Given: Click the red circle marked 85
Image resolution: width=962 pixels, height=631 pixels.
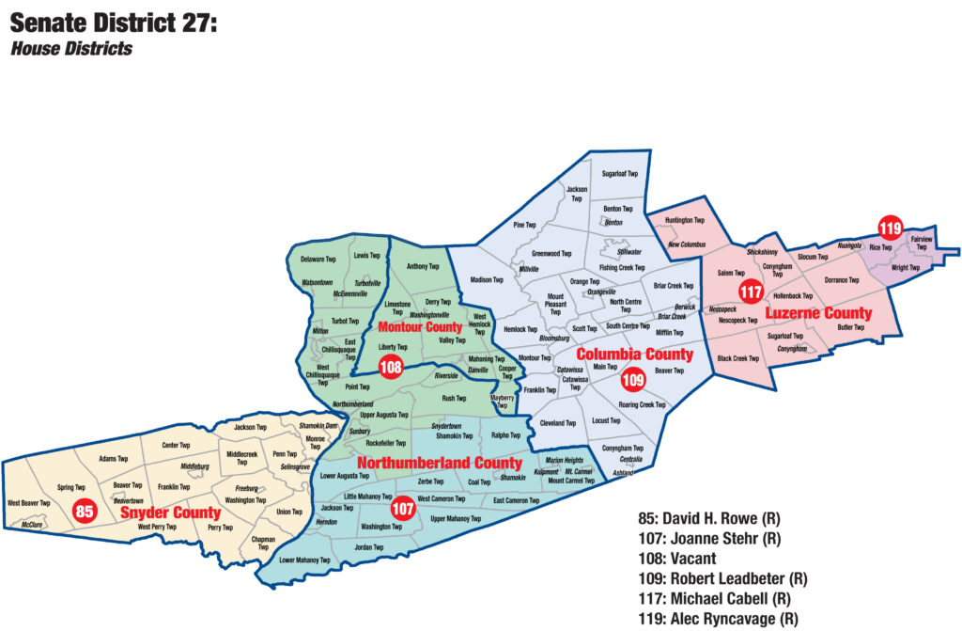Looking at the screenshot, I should click(85, 511).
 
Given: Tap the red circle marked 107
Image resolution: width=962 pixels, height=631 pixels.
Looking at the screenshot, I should click(403, 508).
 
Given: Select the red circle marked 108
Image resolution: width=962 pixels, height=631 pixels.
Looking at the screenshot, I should click(391, 367).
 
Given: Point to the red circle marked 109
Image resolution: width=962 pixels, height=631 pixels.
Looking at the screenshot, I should click(632, 380).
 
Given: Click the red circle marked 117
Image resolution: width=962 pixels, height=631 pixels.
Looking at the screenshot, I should click(750, 292).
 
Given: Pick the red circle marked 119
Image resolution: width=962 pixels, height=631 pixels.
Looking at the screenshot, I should click(889, 227).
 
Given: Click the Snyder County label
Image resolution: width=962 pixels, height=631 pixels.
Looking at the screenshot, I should click(170, 513).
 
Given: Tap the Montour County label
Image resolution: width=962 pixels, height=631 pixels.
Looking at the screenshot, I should click(420, 327).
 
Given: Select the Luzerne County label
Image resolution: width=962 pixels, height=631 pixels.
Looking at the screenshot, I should click(817, 312).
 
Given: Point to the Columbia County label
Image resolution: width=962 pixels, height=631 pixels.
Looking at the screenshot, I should click(634, 355).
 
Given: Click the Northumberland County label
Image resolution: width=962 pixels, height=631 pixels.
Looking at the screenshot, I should click(439, 464).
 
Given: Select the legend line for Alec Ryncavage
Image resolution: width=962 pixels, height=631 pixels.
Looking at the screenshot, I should click(718, 619).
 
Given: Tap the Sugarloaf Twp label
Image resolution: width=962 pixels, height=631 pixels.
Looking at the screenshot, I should click(619, 174).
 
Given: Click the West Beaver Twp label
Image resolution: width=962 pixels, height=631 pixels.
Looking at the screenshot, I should click(30, 503).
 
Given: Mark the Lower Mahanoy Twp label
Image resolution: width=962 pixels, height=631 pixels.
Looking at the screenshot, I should click(305, 560).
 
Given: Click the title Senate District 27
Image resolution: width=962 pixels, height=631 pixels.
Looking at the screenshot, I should click(114, 23).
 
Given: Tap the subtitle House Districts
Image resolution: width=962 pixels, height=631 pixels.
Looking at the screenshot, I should click(71, 48).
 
